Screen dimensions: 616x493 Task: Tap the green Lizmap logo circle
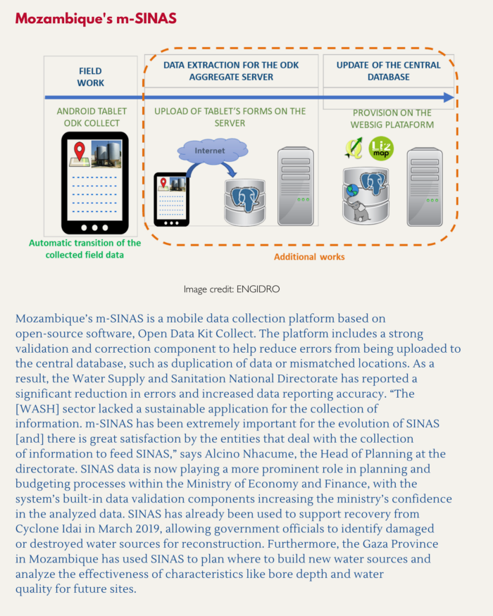click(381, 149)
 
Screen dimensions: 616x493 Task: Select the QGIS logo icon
click(354, 149)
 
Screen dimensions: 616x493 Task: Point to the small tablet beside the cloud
click(171, 199)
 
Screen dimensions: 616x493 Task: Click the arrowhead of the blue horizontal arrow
click(448, 97)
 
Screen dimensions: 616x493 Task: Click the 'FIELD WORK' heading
click(90, 77)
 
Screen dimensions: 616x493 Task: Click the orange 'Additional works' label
click(309, 257)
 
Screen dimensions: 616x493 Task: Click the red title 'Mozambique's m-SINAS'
click(96, 19)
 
